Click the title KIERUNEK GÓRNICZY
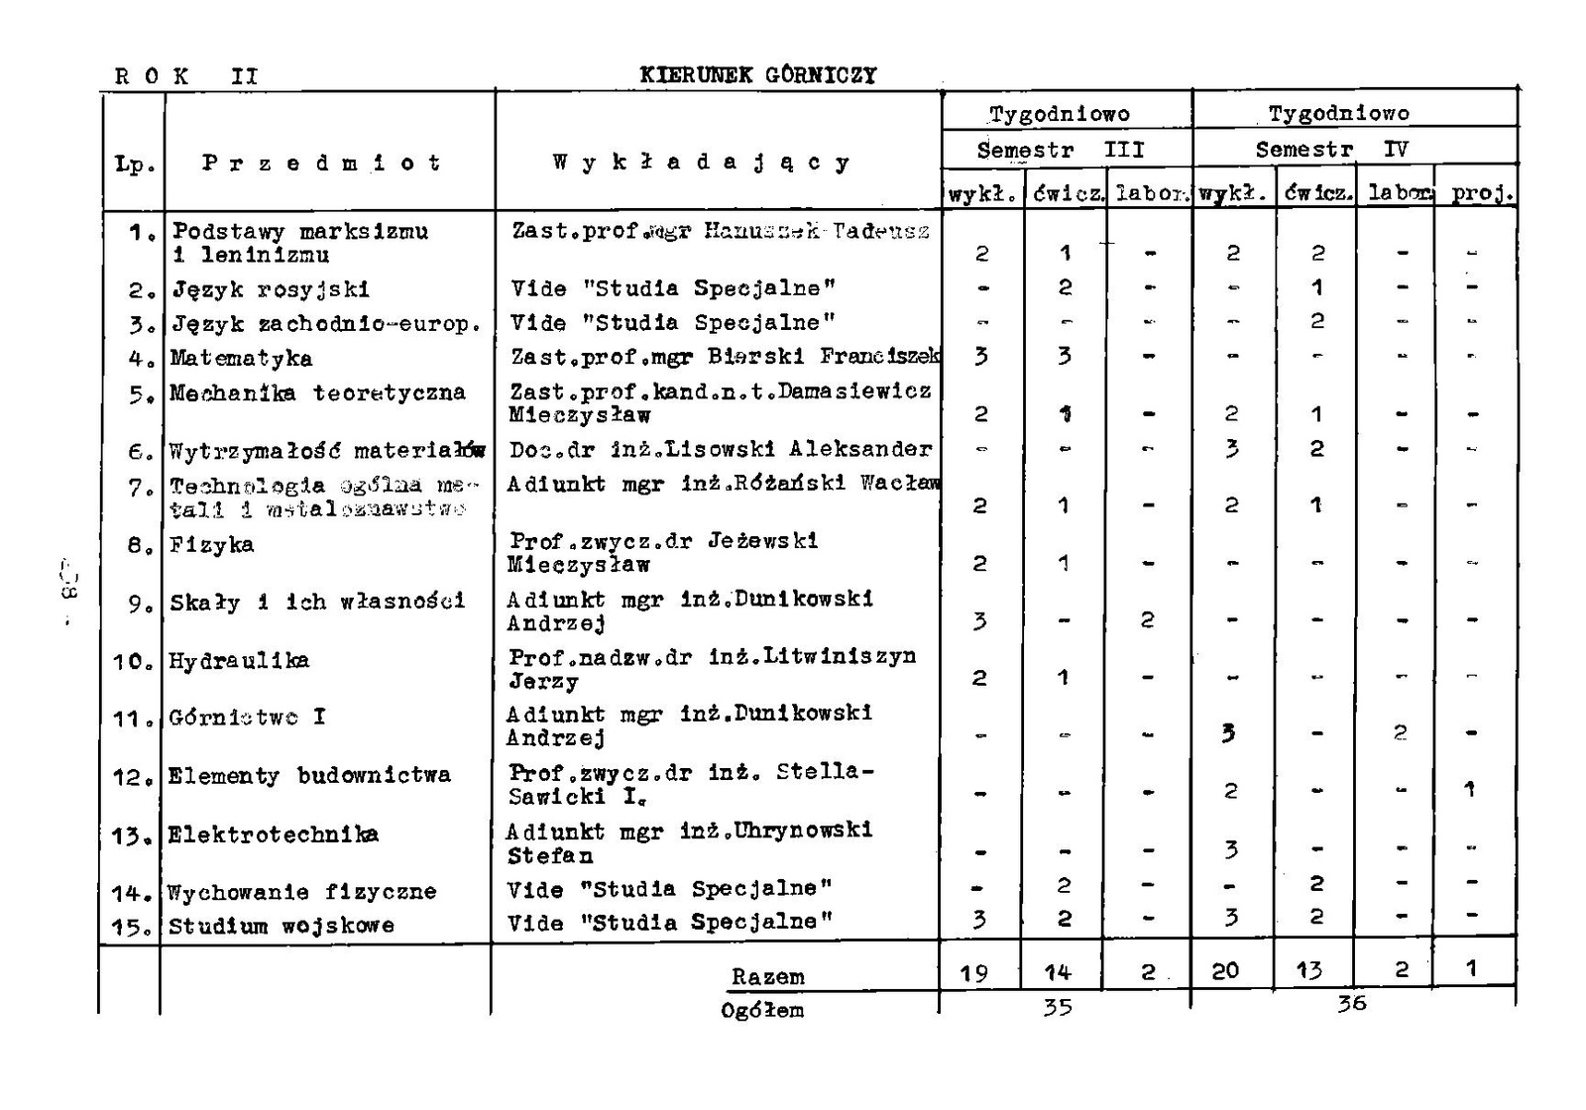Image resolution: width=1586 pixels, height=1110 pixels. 758,75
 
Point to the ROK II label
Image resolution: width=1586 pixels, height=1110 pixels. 186,76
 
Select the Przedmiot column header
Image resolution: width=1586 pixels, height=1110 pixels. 321,164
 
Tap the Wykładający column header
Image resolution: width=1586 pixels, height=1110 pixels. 701,163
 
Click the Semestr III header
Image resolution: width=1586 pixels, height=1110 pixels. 1060,151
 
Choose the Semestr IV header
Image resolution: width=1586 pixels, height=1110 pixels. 1331,151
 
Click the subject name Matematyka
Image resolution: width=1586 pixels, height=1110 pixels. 241,358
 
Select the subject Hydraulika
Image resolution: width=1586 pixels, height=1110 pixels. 239,660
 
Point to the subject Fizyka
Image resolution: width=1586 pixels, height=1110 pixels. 211,544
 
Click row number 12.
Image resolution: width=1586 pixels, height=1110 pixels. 130,777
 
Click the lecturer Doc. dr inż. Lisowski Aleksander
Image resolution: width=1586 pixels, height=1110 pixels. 721,449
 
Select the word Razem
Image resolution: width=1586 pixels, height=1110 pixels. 767,976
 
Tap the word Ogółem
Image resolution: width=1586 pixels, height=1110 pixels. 762,1011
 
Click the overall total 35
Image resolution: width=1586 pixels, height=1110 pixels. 1058,1007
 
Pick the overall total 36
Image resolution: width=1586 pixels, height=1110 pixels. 1350,1003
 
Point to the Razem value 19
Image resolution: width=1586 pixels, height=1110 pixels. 974,973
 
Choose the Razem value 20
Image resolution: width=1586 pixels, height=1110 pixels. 1225,970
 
